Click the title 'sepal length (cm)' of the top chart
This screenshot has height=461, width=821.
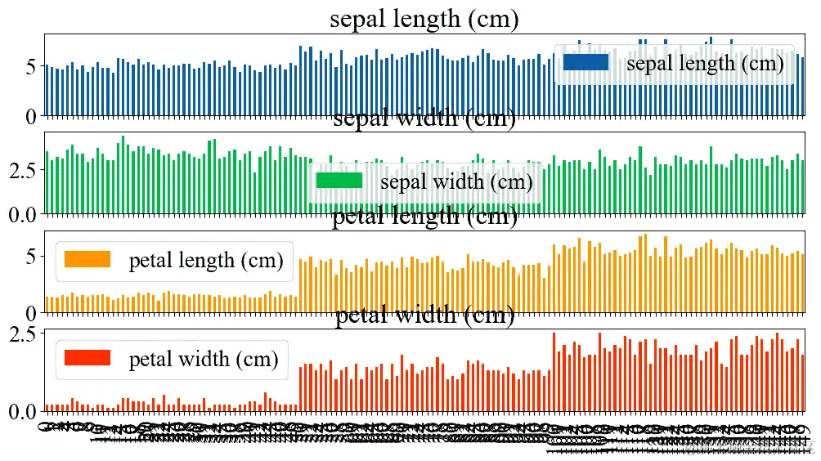(x=424, y=19)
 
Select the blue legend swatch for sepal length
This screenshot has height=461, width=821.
(x=585, y=62)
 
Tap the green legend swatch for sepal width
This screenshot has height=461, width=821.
(x=339, y=181)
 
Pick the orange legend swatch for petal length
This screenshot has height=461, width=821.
(x=87, y=260)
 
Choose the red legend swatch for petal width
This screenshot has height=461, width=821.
(x=87, y=358)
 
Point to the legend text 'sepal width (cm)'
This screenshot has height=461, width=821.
(x=456, y=181)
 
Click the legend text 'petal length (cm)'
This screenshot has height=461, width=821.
(x=205, y=261)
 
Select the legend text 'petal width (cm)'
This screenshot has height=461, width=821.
(x=204, y=359)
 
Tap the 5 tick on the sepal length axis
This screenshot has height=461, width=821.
(x=30, y=66)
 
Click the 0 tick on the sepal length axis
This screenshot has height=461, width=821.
(x=30, y=117)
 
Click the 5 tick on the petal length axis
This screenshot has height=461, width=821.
(x=30, y=257)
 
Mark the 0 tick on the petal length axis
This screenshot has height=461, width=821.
(x=30, y=313)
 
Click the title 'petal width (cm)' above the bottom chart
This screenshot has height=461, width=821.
(x=424, y=316)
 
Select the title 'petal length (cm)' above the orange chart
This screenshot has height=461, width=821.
(x=424, y=217)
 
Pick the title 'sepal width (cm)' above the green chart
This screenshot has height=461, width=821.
(x=424, y=119)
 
